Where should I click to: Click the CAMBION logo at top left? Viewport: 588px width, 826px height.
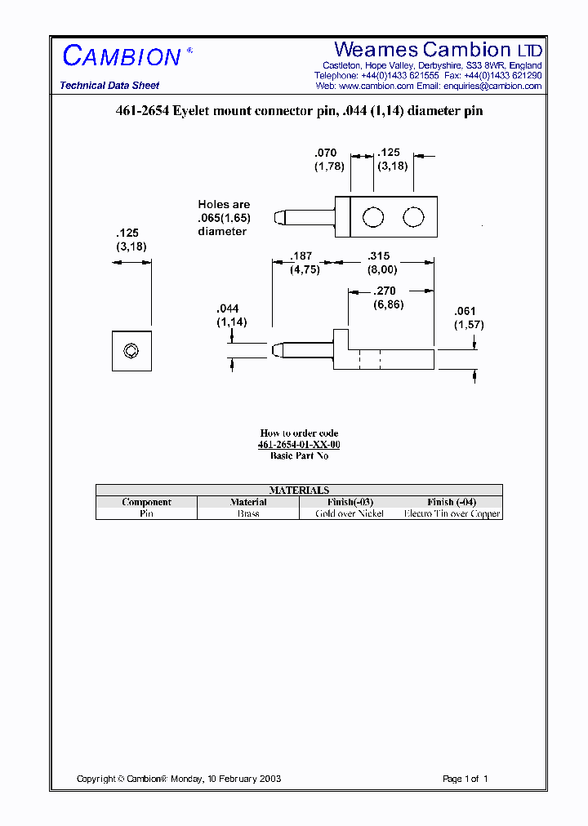pyautogui.click(x=122, y=56)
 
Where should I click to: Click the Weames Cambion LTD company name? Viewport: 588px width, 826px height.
pyautogui.click(x=438, y=50)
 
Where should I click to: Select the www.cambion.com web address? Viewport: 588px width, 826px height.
pyautogui.click(x=376, y=86)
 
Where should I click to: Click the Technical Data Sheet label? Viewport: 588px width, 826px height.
pyautogui.click(x=109, y=86)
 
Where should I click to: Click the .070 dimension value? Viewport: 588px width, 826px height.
pyautogui.click(x=326, y=153)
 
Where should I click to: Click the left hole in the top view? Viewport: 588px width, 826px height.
pyautogui.click(x=373, y=217)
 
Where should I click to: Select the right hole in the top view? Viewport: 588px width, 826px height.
pyautogui.click(x=414, y=217)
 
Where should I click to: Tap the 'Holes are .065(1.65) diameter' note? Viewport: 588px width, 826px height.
pyautogui.click(x=224, y=218)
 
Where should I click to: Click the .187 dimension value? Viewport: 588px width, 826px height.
pyautogui.click(x=301, y=256)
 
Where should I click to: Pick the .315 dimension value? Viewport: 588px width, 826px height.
pyautogui.click(x=379, y=256)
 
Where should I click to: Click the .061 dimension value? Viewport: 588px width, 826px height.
pyautogui.click(x=465, y=311)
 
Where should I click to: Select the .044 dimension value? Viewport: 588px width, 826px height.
pyautogui.click(x=228, y=309)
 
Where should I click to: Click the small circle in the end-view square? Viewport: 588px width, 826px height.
pyautogui.click(x=131, y=351)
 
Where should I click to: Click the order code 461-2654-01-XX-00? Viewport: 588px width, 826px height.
pyautogui.click(x=299, y=445)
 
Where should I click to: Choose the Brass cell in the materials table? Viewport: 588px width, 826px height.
pyautogui.click(x=248, y=513)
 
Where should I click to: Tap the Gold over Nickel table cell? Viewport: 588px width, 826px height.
pyautogui.click(x=350, y=513)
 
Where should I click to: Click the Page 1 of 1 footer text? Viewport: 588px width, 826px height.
pyautogui.click(x=465, y=779)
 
